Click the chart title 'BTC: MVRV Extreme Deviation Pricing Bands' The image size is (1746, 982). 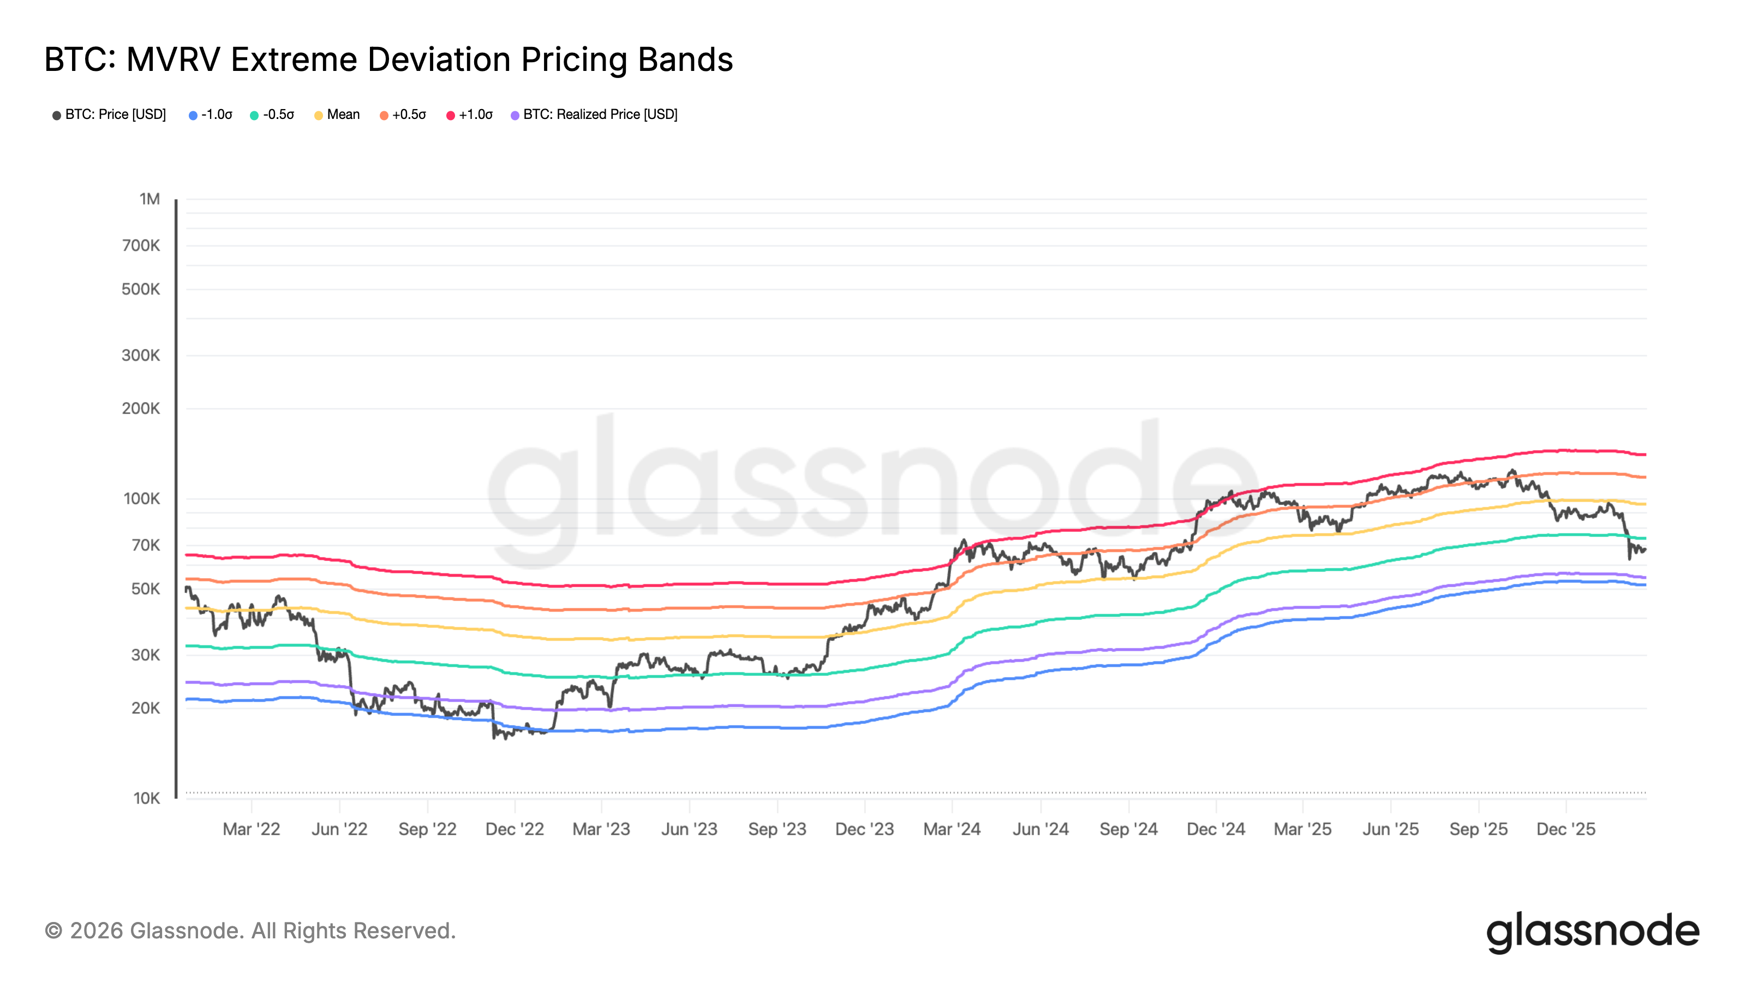tap(388, 59)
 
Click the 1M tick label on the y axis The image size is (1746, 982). tap(150, 199)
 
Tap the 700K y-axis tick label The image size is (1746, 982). tap(141, 246)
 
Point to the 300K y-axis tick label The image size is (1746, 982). tap(141, 356)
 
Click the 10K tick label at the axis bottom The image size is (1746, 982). tap(146, 798)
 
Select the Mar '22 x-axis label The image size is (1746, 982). tap(252, 829)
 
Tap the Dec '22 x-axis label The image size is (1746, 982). tap(515, 829)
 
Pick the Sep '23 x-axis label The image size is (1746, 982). tap(777, 829)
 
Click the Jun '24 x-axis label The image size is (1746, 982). tap(1041, 829)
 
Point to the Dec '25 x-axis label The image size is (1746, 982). tap(1566, 829)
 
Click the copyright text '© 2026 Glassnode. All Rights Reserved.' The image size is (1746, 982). tap(250, 931)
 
